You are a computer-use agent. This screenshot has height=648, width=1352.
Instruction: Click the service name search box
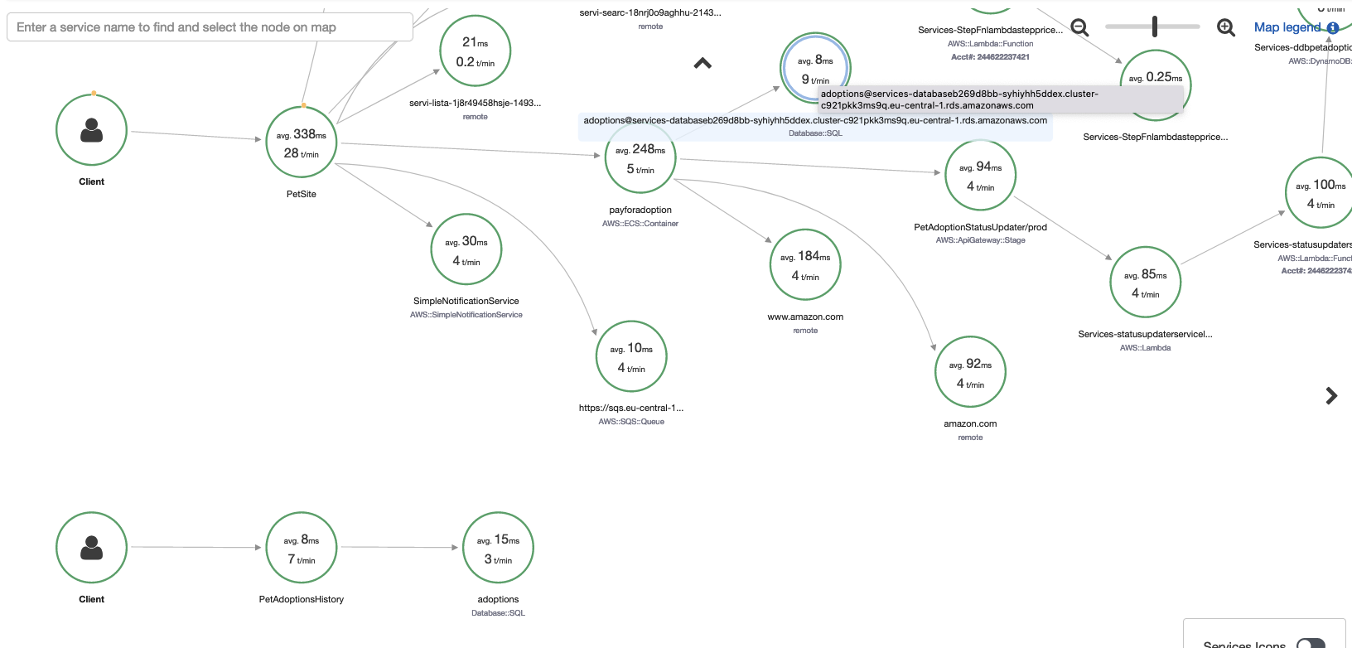(x=210, y=27)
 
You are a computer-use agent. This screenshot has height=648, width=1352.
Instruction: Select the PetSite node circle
(x=302, y=143)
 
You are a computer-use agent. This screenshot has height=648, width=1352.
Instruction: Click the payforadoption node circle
(x=640, y=158)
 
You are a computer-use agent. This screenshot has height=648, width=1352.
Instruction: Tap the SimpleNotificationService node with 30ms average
(x=466, y=250)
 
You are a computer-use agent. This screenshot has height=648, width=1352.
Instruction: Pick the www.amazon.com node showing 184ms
(x=805, y=265)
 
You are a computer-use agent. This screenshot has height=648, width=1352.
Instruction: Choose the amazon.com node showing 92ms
(x=970, y=372)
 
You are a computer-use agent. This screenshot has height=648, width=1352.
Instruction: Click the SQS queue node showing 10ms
(x=631, y=357)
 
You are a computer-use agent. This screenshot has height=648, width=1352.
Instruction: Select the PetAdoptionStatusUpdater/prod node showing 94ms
(x=980, y=176)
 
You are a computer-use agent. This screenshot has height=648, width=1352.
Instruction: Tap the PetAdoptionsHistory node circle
(x=302, y=548)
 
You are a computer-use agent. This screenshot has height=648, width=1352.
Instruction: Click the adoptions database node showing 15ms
(x=498, y=548)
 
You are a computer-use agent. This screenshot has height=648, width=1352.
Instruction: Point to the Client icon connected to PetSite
(x=91, y=130)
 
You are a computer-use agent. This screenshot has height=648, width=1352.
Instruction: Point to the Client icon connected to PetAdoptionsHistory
(x=91, y=548)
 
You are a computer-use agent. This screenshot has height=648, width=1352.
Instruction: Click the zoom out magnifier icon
(x=1079, y=27)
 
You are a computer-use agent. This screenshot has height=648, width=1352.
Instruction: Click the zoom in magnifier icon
(x=1226, y=27)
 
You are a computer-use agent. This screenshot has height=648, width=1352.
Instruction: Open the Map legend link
(x=1287, y=27)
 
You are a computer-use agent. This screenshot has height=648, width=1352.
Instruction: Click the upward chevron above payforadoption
(x=703, y=63)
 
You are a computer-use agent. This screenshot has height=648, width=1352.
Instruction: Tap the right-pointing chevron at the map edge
(x=1331, y=396)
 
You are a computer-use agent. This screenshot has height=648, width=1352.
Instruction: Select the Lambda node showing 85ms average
(x=1146, y=283)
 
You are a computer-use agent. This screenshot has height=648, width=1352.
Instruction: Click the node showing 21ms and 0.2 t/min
(x=475, y=51)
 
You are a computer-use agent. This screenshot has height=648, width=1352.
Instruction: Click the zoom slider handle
(x=1154, y=27)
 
